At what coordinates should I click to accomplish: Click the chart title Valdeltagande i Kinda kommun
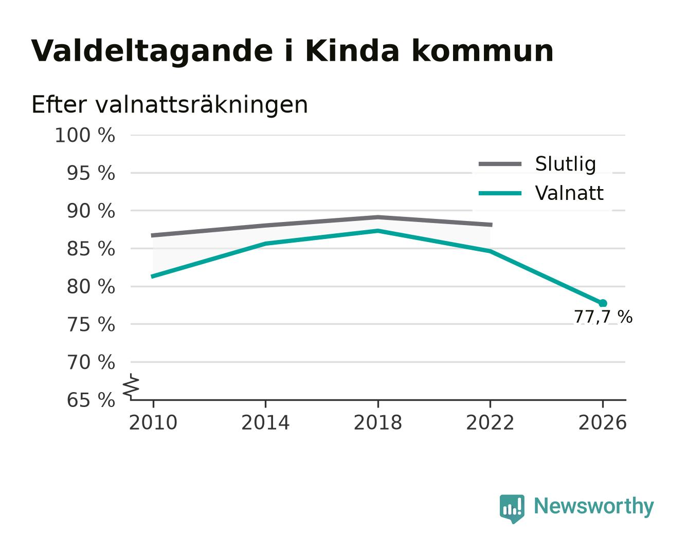[x=292, y=51]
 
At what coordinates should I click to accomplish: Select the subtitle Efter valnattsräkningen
[x=170, y=105]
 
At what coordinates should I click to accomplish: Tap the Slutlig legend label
[x=565, y=164]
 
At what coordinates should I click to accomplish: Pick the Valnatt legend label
[x=569, y=193]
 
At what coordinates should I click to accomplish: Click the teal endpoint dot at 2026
[x=603, y=303]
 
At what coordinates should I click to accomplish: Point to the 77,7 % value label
[x=603, y=317]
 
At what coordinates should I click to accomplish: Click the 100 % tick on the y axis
[x=85, y=135]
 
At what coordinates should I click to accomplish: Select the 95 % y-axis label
[x=91, y=173]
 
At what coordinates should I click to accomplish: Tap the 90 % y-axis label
[x=91, y=211]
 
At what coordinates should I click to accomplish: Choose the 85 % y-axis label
[x=91, y=249]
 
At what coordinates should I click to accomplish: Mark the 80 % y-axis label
[x=91, y=287]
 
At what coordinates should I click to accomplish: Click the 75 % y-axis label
[x=91, y=324]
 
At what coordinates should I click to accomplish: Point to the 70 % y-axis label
[x=91, y=362]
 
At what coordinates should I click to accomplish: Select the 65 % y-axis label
[x=91, y=400]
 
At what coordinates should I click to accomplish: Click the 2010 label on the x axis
[x=153, y=422]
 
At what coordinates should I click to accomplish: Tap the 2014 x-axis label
[x=265, y=422]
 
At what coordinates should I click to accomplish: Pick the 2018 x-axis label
[x=378, y=422]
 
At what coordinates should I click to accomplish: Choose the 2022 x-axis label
[x=490, y=422]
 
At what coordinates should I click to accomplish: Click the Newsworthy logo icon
[x=512, y=509]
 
